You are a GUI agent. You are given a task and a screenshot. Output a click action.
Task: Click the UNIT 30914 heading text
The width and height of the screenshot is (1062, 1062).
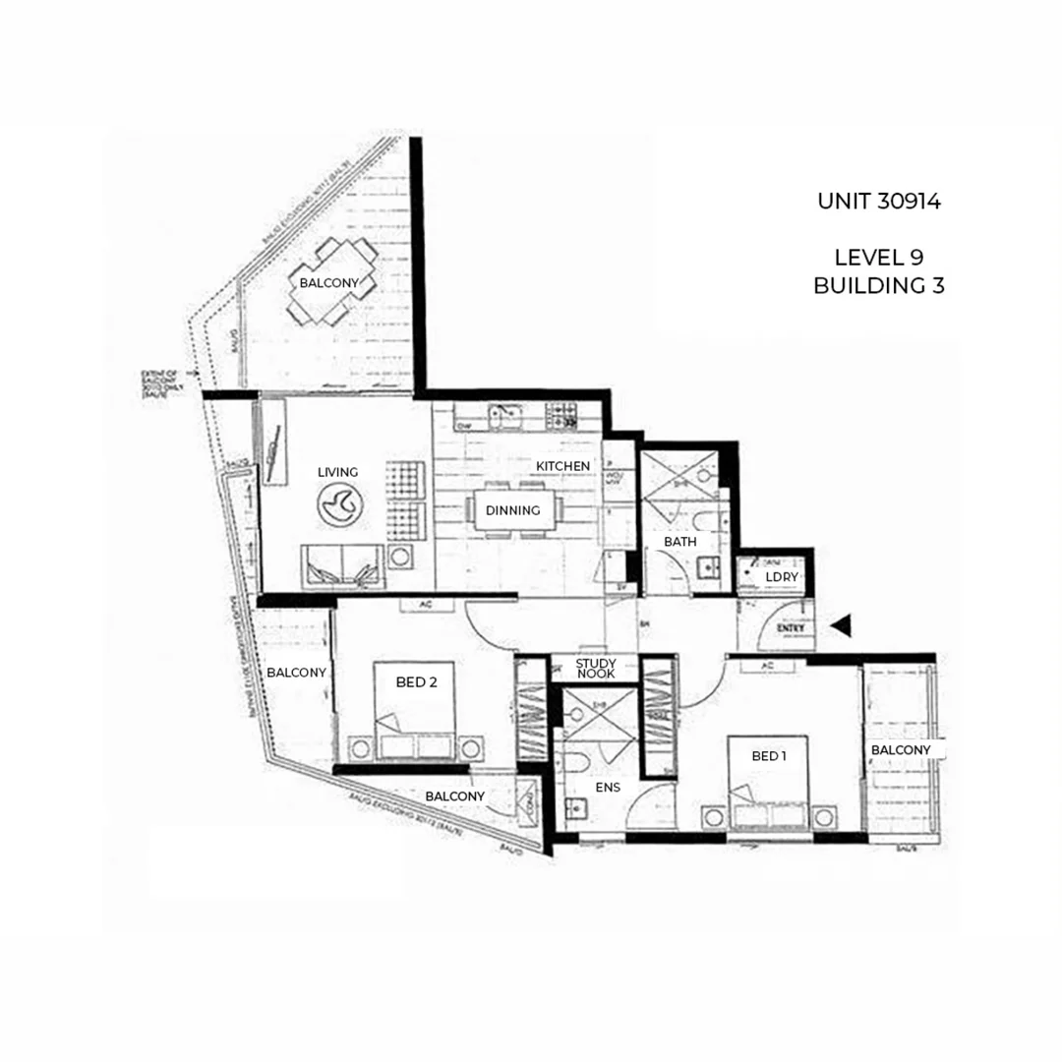(878, 202)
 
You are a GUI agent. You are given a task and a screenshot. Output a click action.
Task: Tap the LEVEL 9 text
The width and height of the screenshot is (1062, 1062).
(878, 258)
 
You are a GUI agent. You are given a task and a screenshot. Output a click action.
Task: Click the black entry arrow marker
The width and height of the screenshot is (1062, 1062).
(842, 624)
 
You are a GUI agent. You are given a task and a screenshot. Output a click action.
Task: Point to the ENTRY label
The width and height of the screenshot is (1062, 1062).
(791, 626)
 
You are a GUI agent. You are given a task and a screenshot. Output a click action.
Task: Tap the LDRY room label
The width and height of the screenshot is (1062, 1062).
(783, 576)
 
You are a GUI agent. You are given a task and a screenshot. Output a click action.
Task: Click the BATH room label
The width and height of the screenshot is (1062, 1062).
(679, 542)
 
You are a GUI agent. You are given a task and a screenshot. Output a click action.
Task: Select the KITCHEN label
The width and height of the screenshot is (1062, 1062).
(562, 465)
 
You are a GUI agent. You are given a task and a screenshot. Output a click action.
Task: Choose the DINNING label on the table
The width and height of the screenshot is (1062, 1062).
(512, 510)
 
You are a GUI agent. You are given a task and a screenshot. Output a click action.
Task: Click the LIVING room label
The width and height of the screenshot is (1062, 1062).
(337, 472)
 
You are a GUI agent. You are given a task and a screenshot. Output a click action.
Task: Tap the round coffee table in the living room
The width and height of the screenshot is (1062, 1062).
(339, 505)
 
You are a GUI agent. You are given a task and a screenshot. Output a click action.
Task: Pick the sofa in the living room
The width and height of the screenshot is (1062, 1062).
(342, 567)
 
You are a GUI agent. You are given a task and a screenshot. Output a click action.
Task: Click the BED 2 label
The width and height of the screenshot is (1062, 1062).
(416, 681)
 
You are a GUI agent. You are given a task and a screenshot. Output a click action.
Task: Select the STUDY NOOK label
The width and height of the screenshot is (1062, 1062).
(595, 669)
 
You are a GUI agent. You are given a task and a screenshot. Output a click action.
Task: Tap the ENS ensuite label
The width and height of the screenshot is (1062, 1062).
(607, 787)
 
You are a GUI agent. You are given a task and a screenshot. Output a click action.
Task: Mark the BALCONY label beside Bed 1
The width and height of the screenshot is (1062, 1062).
(900, 750)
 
